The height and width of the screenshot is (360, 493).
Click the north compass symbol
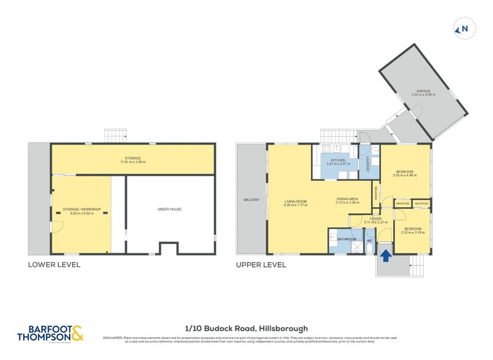tap(462, 28)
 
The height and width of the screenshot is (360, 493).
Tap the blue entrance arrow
tap(385, 254)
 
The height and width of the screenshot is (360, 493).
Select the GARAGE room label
tap(423, 91)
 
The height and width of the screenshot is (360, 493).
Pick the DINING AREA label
tap(347, 198)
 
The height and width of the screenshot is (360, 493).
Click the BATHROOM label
tap(346, 239)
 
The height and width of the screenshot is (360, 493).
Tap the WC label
tap(370, 239)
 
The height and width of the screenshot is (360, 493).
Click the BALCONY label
tap(251, 200)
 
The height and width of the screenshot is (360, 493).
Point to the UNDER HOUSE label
tap(169, 209)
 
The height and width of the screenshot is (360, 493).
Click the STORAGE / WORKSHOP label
tap(81, 209)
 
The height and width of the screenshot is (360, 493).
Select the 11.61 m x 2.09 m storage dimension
tap(133, 162)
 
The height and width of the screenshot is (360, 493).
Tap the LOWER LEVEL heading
tap(54, 265)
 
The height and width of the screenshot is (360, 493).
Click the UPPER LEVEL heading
tap(261, 265)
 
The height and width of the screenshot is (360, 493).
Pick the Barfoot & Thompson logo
tap(54, 333)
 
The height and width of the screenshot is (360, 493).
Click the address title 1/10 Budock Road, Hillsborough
tap(246, 329)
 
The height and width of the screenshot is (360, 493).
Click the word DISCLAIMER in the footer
tap(113, 338)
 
